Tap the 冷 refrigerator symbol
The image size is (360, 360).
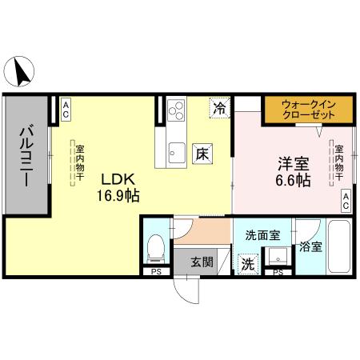point(218,106)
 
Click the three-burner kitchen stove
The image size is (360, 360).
point(175,110)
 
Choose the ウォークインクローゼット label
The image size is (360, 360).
point(306,108)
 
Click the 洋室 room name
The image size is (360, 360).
point(293,163)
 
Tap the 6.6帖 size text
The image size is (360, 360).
point(293,181)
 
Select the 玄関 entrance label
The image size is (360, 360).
point(202,262)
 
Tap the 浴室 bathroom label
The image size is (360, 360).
point(311,246)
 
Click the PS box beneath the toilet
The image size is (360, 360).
point(154,272)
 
